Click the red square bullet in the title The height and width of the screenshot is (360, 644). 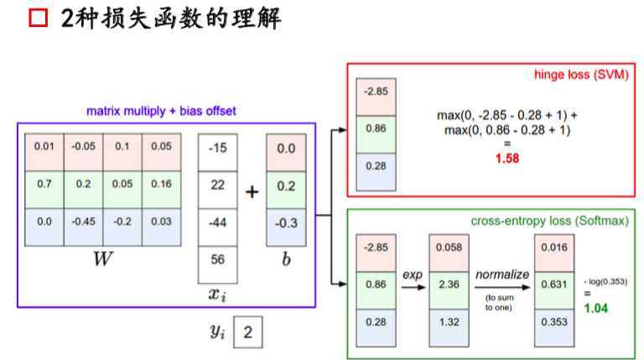(38, 18)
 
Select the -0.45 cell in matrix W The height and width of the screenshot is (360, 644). (83, 222)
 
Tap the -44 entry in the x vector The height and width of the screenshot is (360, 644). (217, 223)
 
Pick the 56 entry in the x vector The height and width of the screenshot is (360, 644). (217, 260)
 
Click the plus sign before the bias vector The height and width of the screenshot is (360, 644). (252, 191)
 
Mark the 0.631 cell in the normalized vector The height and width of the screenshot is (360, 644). (554, 285)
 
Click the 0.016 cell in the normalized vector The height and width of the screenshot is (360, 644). (554, 249)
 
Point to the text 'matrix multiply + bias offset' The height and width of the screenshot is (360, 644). (160, 112)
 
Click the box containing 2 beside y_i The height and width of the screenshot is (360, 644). (247, 332)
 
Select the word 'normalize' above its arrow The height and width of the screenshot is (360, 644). (501, 274)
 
